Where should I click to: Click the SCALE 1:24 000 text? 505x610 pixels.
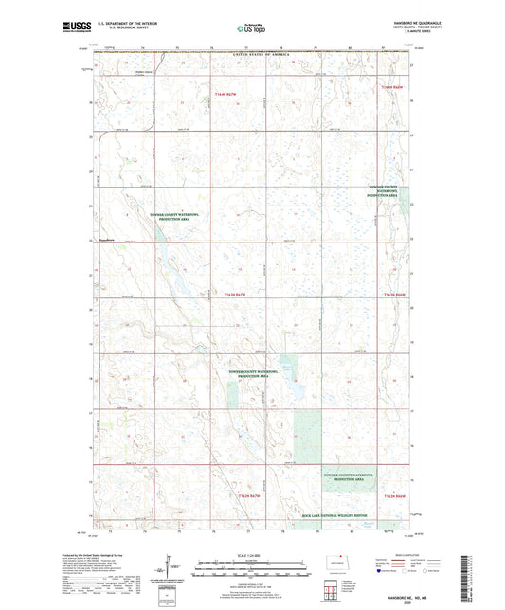click(251, 554)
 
